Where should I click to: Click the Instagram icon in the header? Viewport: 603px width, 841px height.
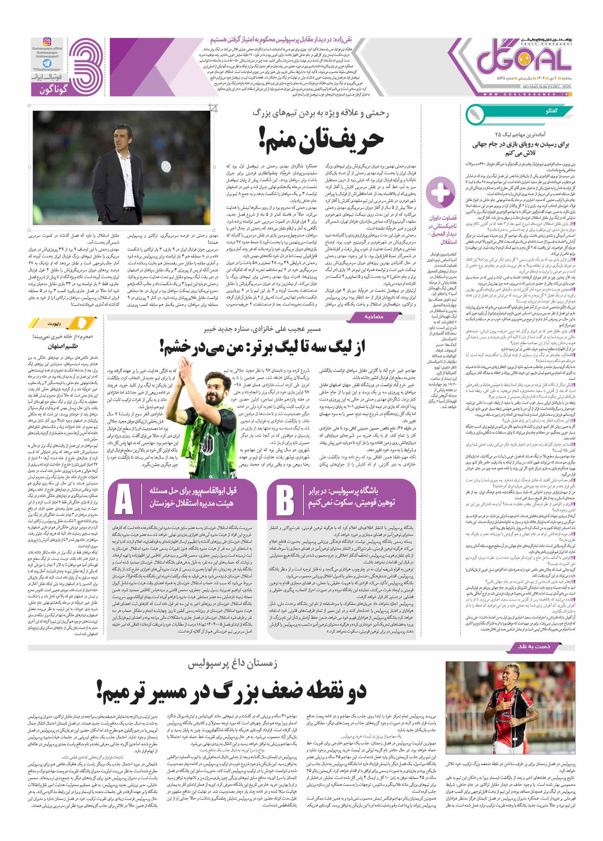(47, 42)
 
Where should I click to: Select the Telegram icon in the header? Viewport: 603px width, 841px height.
(47, 63)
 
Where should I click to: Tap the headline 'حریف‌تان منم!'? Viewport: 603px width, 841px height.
(321, 140)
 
